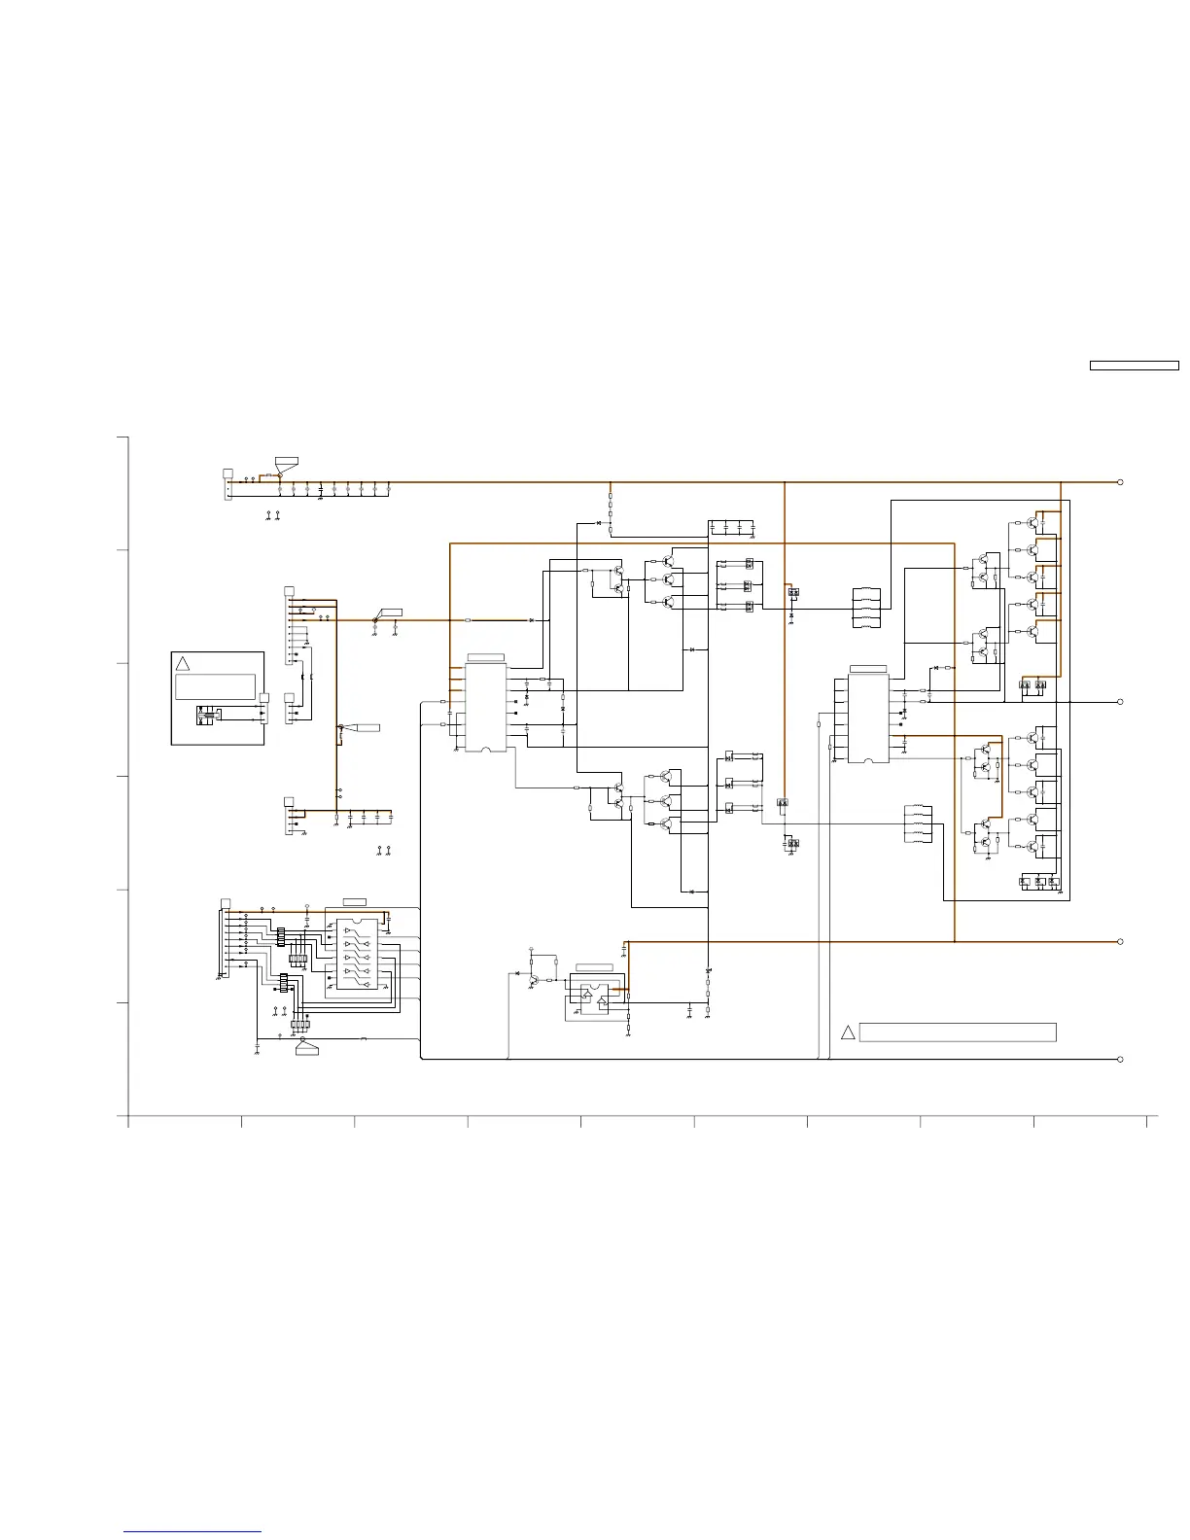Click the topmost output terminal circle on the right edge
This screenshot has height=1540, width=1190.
point(1120,482)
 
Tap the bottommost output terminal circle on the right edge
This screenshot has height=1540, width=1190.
point(1120,1059)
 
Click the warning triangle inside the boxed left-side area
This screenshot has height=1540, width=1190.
point(182,663)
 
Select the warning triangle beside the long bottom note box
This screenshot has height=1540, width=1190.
point(848,1032)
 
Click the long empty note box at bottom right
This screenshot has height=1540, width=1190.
point(958,1032)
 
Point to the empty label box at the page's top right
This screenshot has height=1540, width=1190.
point(1134,367)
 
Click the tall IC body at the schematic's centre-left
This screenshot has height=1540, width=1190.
point(486,707)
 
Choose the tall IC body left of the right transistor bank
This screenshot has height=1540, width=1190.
point(868,717)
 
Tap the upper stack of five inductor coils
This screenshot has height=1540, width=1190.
point(865,609)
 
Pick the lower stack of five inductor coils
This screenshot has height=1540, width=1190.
point(918,824)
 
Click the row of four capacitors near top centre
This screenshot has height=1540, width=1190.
point(732,528)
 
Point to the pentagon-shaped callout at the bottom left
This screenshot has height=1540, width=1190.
point(307,1047)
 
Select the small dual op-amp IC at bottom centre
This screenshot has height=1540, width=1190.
point(594,995)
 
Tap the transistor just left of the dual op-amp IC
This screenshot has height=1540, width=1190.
point(534,979)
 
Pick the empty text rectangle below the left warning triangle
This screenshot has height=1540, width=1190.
point(215,686)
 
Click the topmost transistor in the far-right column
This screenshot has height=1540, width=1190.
point(1032,522)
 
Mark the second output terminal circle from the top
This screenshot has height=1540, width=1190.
point(1120,701)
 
